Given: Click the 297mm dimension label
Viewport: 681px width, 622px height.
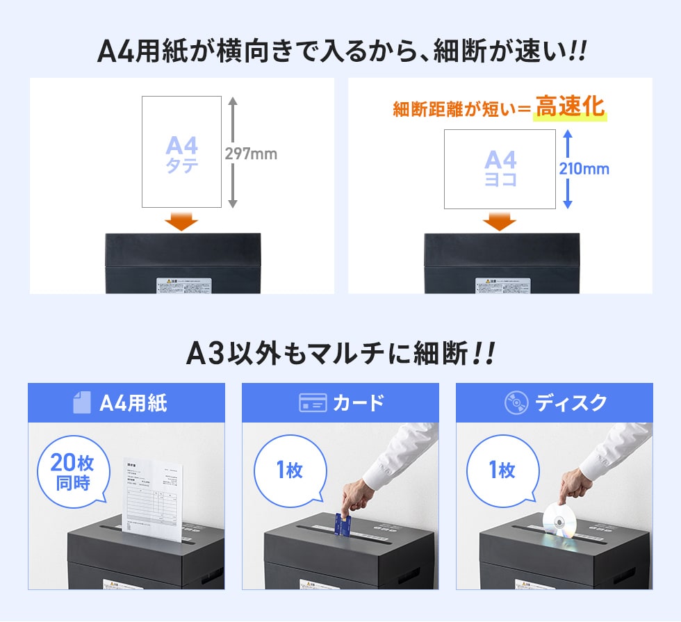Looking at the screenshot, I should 251,154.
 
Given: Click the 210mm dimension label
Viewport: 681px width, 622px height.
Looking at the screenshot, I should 584,168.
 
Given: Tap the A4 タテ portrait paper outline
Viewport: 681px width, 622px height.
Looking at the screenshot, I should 181,152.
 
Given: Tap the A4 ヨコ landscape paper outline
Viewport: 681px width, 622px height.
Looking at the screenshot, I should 500,169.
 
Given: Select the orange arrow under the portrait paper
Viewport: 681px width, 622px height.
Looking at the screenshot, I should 182,222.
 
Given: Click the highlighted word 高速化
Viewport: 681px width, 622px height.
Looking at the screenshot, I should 570,108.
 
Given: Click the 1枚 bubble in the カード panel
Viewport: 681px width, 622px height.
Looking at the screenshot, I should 289,470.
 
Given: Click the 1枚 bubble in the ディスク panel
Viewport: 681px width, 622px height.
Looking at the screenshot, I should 502,470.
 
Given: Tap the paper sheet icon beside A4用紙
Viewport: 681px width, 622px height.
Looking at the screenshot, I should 82,403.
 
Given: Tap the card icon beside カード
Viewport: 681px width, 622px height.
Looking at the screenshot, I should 313,403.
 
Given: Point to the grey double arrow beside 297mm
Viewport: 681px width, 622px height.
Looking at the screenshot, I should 233,152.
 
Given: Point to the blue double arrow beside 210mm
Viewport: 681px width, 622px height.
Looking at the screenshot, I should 567,169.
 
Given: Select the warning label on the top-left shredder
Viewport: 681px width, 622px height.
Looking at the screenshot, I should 183,286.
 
